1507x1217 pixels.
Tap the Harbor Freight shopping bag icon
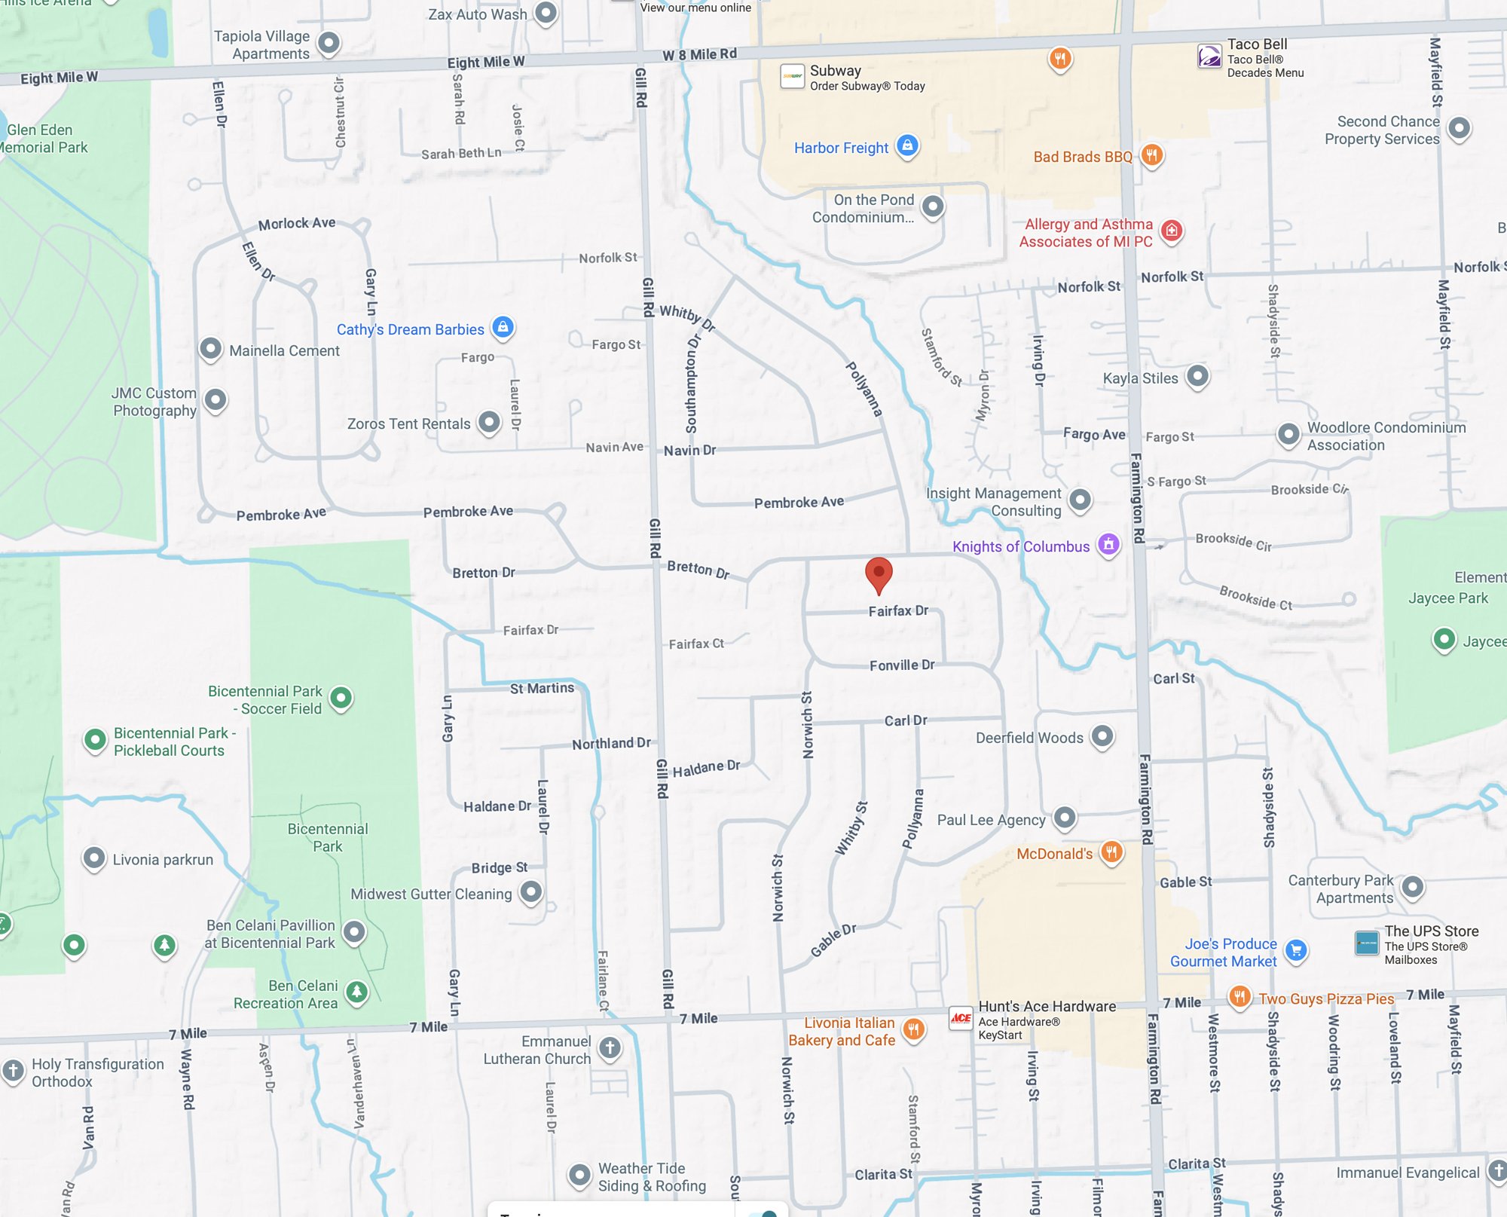coord(908,145)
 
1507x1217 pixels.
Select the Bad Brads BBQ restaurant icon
coord(1151,155)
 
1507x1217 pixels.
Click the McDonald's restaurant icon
coord(1111,852)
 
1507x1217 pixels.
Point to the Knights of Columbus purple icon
coord(1108,544)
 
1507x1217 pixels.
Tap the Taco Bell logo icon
coord(1209,57)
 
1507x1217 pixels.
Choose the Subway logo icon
coord(792,76)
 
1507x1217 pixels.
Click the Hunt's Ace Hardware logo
coord(961,1018)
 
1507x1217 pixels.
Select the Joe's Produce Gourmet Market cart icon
coord(1296,950)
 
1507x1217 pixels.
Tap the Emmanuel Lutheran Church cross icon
coord(610,1047)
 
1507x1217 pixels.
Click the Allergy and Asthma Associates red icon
coord(1171,231)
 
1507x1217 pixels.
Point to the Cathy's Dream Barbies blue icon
coord(503,328)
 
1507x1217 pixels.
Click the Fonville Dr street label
coord(901,665)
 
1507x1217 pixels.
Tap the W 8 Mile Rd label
coord(699,54)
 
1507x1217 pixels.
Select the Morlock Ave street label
coord(296,223)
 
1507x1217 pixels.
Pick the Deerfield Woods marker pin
coord(1102,736)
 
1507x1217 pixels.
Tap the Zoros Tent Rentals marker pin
coord(489,422)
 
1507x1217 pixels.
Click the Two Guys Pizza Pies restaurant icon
coord(1240,997)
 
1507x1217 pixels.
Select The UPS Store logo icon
coord(1367,943)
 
